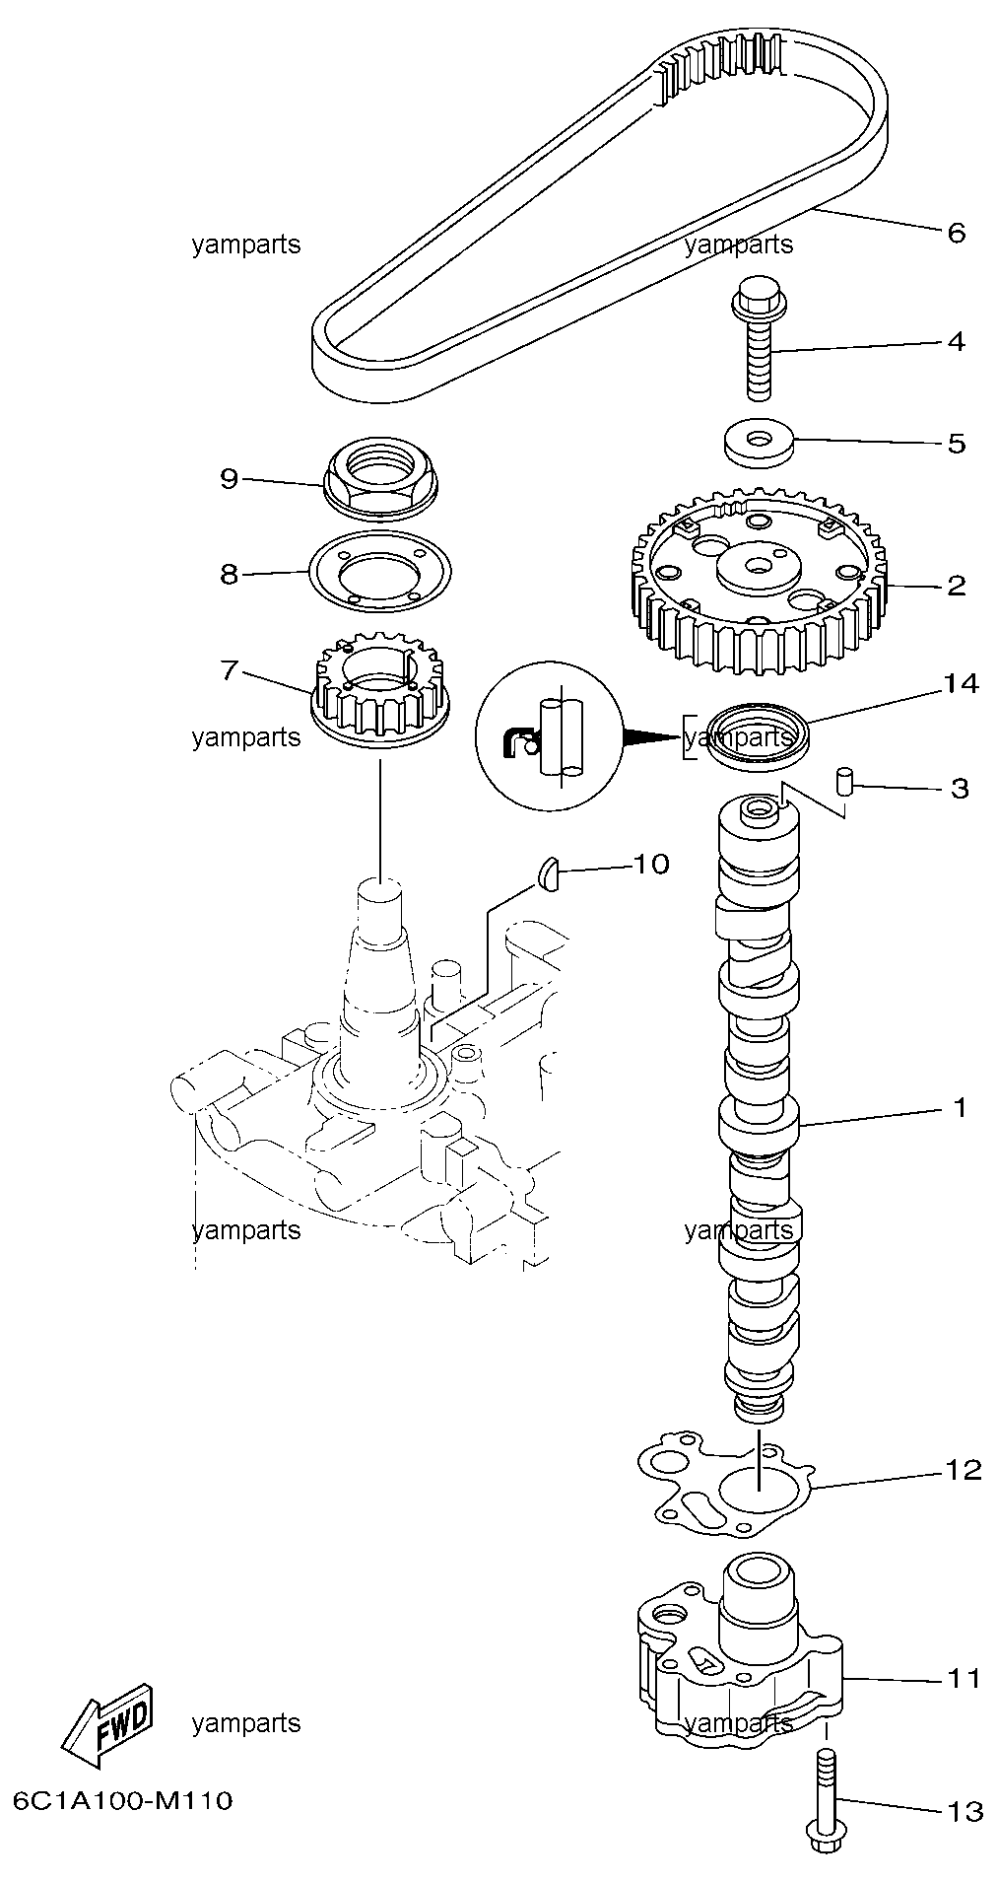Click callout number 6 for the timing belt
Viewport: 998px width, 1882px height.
tap(956, 234)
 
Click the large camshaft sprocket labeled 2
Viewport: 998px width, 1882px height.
tap(758, 583)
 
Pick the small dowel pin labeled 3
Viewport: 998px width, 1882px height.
tap(843, 781)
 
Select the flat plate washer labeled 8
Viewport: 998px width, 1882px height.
tap(379, 572)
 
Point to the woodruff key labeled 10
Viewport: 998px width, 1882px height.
tap(549, 873)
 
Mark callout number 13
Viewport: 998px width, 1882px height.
tap(964, 1811)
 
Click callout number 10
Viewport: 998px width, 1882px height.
tap(650, 865)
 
